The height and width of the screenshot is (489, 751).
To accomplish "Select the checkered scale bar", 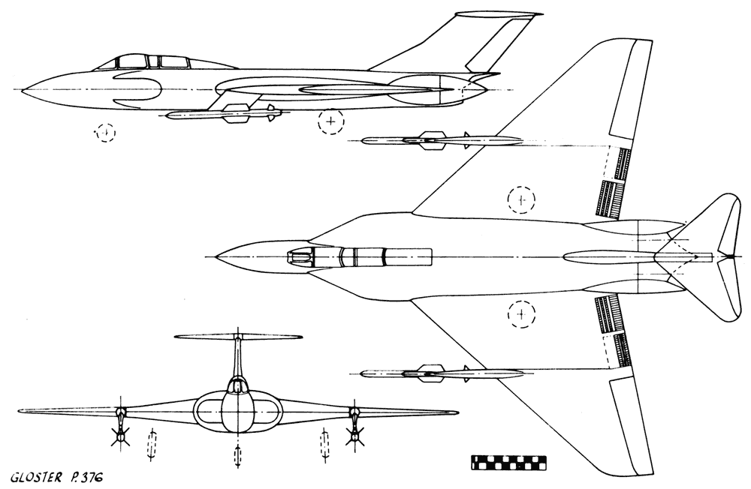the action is pos(508,462).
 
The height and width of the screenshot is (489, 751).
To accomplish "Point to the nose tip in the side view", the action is pos(23,89).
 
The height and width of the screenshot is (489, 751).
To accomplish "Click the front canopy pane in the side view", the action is pos(131,61).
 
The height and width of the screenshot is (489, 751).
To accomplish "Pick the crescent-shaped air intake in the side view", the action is pos(140,90).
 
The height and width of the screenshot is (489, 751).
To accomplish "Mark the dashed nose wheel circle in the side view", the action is pos(105,132).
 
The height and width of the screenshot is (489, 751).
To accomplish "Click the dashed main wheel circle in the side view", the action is pos(331,121).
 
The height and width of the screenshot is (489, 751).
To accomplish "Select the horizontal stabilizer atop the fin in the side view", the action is pos(499,15).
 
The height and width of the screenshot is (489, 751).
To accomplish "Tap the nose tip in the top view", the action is pos(217,257).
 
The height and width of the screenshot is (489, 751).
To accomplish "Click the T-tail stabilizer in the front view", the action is pos(238,337).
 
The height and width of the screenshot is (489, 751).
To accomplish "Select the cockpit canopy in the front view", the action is pos(237,385).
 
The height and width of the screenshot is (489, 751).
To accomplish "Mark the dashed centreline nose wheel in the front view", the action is pos(237,455).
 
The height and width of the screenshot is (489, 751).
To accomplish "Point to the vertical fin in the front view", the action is pos(237,358).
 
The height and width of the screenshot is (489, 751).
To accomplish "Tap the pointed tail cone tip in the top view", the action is pos(731,257).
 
